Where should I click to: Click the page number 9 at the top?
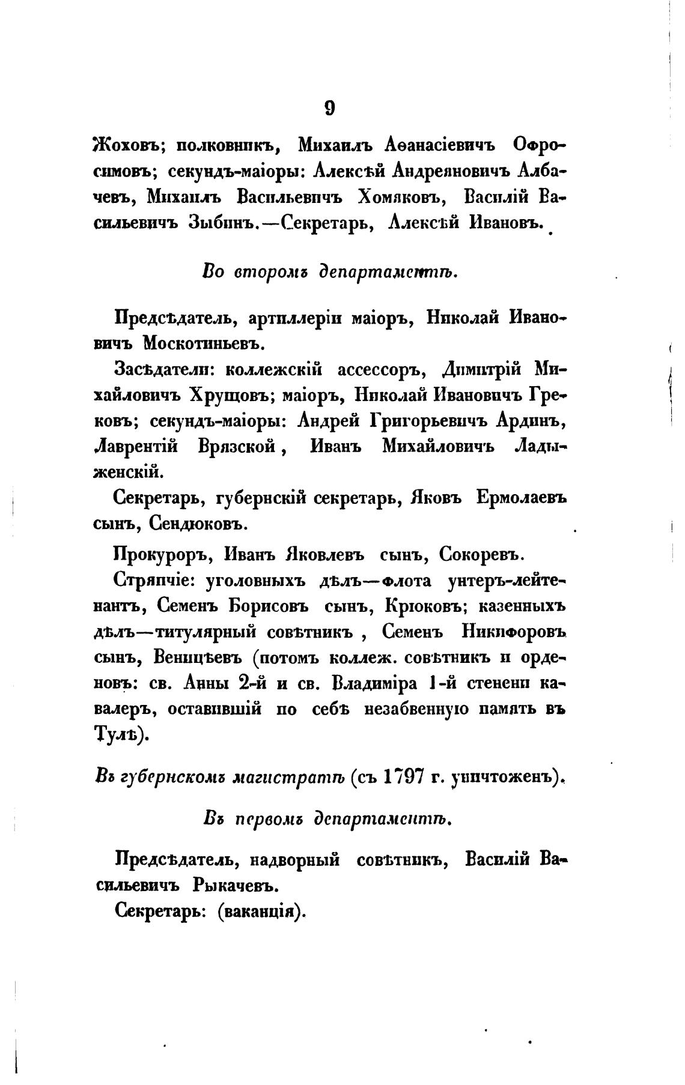(329, 107)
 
